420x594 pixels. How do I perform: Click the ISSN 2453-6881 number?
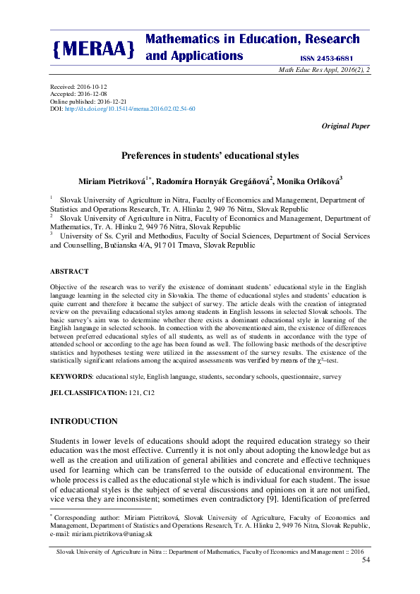click(321, 57)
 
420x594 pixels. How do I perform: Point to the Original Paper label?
click(345, 126)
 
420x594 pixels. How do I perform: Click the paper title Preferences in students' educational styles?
click(210, 154)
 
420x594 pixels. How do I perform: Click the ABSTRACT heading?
click(69, 271)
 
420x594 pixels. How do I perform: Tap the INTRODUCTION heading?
click(83, 421)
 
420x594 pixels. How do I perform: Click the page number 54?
click(365, 559)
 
